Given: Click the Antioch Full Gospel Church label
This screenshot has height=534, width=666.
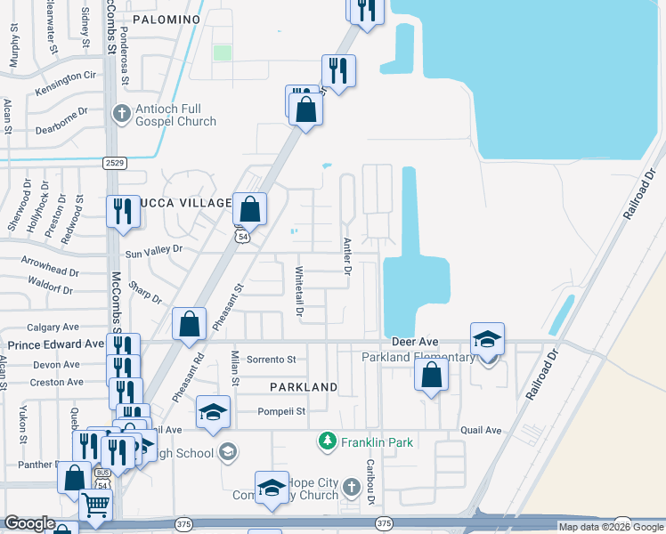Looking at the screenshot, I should tap(175, 115).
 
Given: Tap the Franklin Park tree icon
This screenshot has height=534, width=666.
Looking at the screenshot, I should tap(329, 441).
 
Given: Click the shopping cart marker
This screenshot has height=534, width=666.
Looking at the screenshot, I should tap(96, 507).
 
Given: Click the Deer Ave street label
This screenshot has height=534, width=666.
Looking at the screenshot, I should tap(415, 342).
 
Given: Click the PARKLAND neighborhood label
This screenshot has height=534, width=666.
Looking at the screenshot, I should tap(305, 387).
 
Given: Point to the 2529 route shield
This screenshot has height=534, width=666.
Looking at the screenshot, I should tap(114, 162).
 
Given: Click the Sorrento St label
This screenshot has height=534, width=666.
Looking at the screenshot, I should tap(271, 360).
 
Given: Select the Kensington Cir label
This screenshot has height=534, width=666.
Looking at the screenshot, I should tap(65, 77).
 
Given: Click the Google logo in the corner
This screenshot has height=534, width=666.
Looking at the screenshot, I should tap(29, 523).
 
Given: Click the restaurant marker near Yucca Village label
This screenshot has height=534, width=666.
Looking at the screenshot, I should tap(123, 212).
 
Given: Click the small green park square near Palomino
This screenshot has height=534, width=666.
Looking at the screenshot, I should tap(223, 53).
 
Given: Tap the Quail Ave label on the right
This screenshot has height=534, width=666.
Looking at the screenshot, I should tap(482, 430).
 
